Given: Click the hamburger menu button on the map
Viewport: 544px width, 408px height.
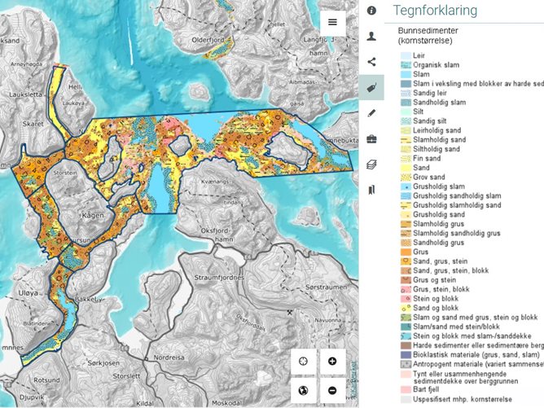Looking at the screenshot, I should tap(332, 22).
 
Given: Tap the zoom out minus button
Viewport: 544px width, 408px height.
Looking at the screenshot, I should tap(332, 390).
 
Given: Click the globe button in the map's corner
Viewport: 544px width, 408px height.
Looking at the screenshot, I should tap(303, 390).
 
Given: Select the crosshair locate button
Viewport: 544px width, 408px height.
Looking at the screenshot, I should tap(303, 361).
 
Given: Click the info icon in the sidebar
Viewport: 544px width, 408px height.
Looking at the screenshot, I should tap(371, 11).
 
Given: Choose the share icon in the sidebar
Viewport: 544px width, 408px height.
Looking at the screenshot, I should tap(371, 61).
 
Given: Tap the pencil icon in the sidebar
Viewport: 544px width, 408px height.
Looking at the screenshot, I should tap(371, 113).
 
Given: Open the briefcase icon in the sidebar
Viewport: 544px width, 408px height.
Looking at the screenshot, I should tap(371, 138).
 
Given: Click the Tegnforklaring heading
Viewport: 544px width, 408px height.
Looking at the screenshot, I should tap(435, 11).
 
